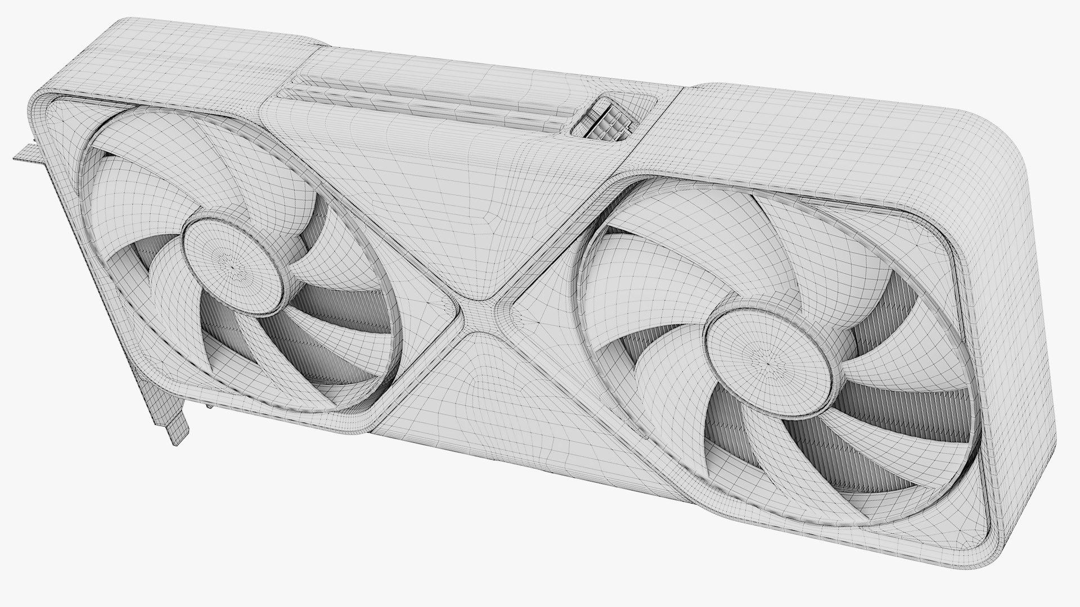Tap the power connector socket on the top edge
point(602,119)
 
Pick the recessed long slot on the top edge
point(427,104)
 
